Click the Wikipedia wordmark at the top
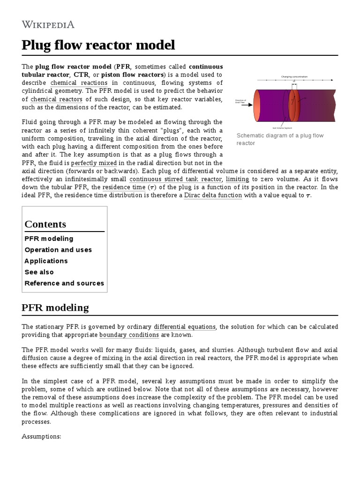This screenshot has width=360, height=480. point(48,24)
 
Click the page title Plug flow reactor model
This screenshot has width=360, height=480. point(98,45)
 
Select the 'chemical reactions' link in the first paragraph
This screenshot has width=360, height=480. point(79,83)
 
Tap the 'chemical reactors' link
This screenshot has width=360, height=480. point(56,99)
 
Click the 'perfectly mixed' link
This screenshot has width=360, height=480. point(93,163)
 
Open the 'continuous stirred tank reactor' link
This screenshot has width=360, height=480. point(175,180)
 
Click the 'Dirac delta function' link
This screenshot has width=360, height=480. point(213,195)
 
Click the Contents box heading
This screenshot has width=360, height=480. point(45,224)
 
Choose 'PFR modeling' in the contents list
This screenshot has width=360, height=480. point(49,239)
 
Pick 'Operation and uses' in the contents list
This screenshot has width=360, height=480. point(58,250)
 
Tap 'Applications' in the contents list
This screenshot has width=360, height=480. point(46,261)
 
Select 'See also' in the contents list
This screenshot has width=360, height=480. point(39,272)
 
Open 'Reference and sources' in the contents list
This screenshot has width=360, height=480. point(64,283)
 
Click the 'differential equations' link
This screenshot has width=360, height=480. point(185,327)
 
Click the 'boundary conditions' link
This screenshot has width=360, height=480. point(129,335)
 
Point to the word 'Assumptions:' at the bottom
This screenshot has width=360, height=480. point(42,436)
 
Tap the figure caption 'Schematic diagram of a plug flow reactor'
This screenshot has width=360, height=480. point(280,139)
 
